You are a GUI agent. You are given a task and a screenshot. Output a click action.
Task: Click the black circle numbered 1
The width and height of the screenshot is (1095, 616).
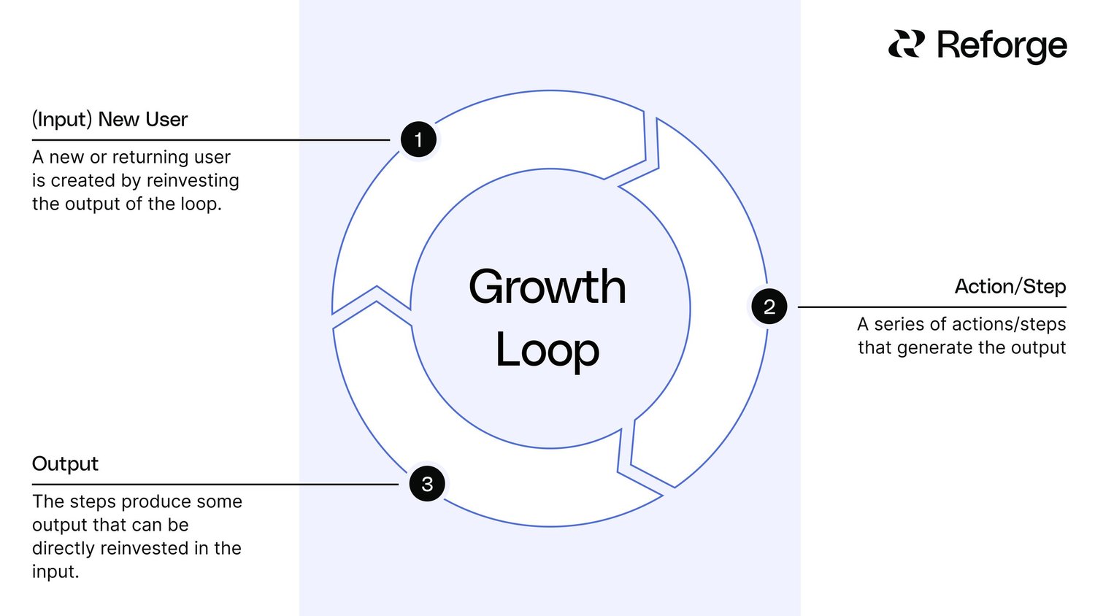tap(418, 139)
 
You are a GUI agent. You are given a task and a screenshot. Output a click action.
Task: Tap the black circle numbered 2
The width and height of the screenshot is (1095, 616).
tap(769, 307)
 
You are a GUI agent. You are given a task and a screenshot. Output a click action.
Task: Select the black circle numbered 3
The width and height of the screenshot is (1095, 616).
tap(427, 484)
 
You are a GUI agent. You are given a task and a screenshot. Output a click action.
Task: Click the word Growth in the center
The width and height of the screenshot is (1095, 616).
tap(547, 287)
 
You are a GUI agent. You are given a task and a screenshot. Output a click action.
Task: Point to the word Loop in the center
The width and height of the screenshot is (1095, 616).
tap(547, 351)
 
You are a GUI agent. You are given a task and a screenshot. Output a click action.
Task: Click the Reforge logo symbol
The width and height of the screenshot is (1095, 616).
tap(906, 45)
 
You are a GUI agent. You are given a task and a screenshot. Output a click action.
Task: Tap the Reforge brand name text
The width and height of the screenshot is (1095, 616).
tap(1002, 45)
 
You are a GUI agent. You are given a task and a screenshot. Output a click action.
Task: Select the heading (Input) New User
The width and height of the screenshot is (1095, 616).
tap(109, 120)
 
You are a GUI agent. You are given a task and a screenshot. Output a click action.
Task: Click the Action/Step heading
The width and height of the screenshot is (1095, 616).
tap(1010, 287)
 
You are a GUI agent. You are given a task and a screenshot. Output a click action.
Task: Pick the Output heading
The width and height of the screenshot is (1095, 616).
tap(65, 464)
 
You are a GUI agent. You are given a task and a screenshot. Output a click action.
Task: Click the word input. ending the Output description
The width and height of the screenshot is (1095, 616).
tap(55, 572)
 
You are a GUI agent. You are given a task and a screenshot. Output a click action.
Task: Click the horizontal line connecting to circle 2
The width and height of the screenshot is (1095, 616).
tap(931, 307)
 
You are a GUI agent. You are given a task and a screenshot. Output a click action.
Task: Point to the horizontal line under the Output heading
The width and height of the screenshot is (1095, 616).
tap(212, 485)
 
